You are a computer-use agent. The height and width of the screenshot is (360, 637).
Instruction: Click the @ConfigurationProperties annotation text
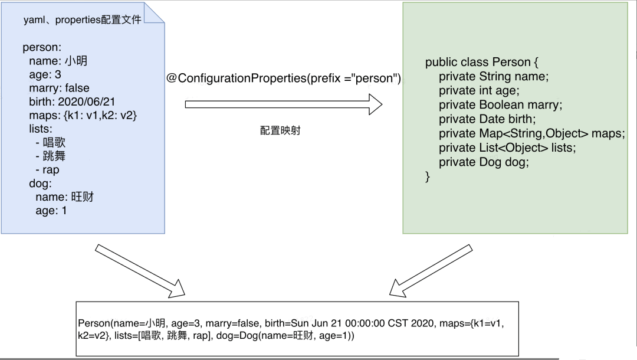click(284, 78)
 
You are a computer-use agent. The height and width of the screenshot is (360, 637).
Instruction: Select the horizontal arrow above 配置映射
click(284, 105)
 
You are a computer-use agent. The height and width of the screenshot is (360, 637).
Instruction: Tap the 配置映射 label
click(280, 130)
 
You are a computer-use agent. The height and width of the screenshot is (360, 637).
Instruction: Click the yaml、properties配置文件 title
click(82, 19)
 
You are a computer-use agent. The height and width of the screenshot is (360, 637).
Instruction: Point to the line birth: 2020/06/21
click(72, 102)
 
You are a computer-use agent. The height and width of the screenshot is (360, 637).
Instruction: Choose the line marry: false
click(59, 88)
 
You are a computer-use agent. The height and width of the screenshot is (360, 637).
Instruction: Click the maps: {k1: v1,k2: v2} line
click(83, 115)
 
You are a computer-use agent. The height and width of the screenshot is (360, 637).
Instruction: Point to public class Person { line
click(481, 63)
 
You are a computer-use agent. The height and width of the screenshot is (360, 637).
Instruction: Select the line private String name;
click(494, 77)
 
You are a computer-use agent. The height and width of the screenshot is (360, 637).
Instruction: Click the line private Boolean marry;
click(500, 105)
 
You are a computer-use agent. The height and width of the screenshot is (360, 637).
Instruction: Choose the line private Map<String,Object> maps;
click(531, 133)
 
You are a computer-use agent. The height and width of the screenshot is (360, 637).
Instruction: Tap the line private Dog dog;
click(484, 162)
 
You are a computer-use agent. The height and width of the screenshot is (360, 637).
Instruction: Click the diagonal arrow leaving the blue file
click(139, 269)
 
